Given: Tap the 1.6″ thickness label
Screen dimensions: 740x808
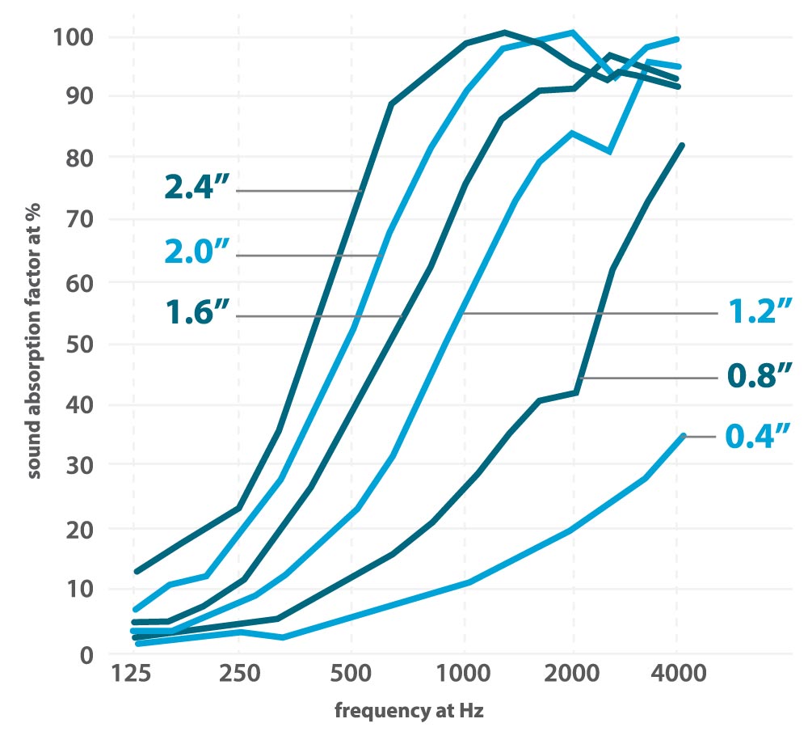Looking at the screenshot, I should (197, 314).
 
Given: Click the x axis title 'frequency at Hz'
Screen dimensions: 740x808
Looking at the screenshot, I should (409, 712).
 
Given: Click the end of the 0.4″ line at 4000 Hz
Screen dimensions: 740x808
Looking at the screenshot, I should (683, 435).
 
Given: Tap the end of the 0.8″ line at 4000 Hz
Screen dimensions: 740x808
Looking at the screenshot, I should (682, 146).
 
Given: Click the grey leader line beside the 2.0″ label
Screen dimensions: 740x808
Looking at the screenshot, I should (307, 256).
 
